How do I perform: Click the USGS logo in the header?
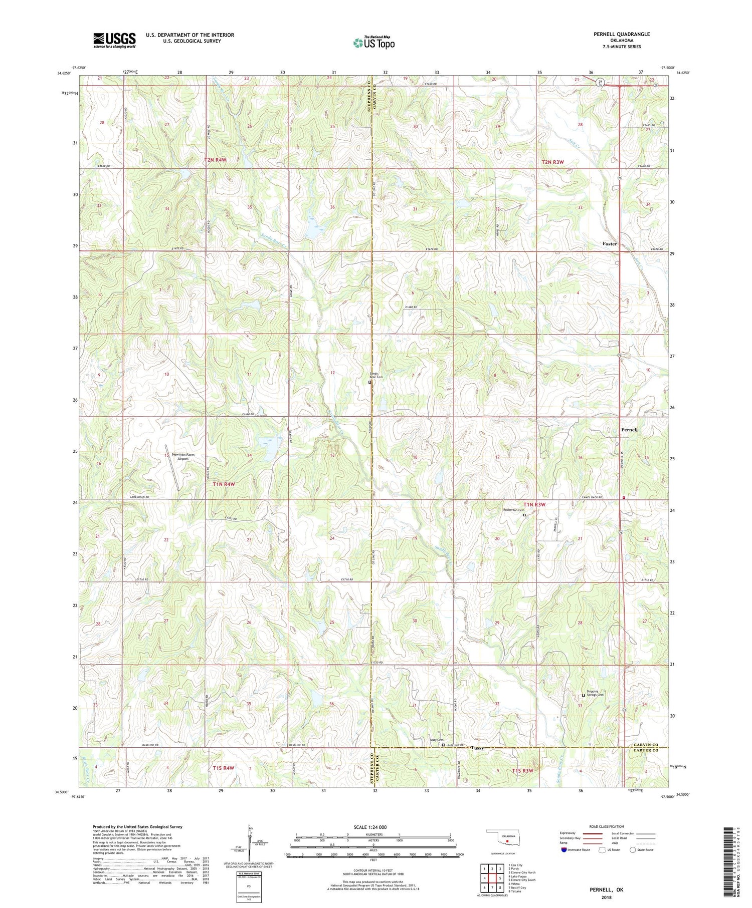[114, 40]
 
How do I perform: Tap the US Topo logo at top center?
[373, 43]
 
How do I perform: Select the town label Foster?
[610, 244]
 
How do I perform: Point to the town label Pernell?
[629, 430]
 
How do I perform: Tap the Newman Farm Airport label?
[182, 456]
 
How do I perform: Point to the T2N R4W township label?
[215, 160]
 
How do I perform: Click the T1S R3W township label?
[522, 770]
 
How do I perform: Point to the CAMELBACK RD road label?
[139, 497]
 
